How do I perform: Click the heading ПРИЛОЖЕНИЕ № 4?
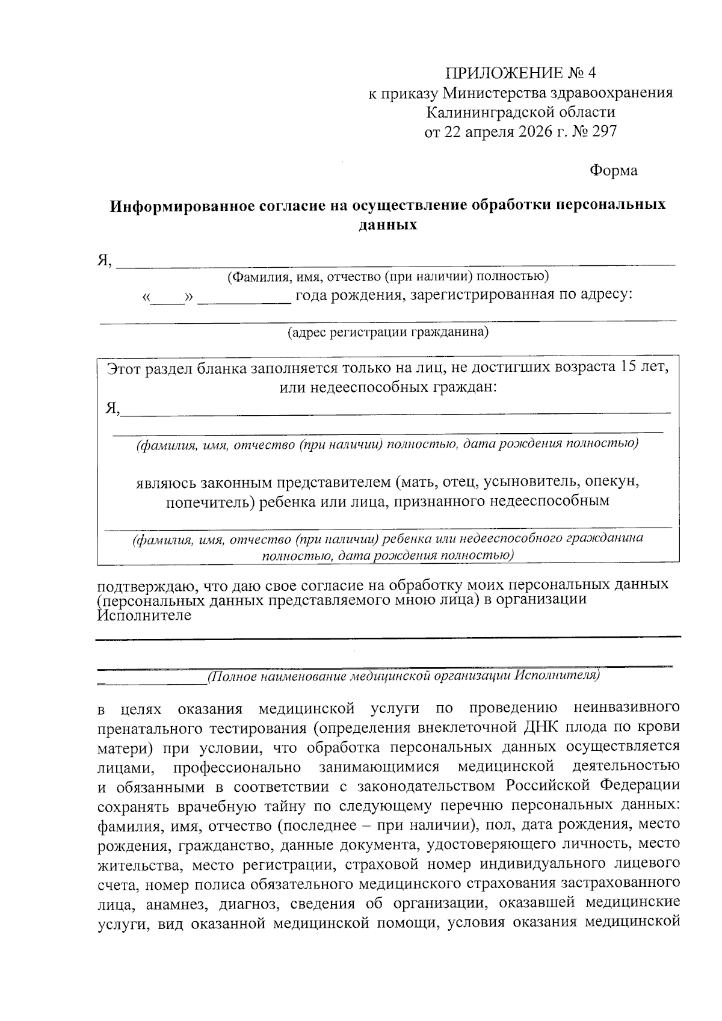point(520,73)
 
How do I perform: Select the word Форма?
point(613,171)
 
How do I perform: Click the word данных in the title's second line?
point(387,226)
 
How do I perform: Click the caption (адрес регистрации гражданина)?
point(387,332)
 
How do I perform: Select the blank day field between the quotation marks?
point(168,298)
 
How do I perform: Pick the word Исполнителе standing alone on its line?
point(144,615)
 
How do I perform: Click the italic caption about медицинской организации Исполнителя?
point(403,676)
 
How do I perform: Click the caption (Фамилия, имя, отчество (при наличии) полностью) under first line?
point(387,276)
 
